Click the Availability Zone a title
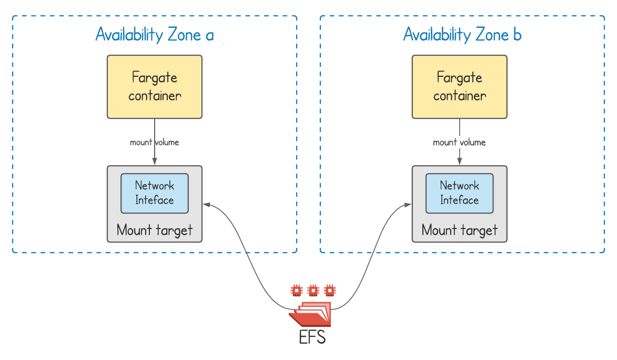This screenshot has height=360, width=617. [x=155, y=35]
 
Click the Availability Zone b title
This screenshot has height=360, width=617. [x=462, y=35]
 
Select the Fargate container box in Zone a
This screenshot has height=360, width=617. [x=155, y=87]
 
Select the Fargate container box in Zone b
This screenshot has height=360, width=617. [x=459, y=87]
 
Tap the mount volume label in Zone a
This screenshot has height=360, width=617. [x=155, y=142]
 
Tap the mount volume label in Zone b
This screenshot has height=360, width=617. [x=459, y=142]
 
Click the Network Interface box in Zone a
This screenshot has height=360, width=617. [x=155, y=193]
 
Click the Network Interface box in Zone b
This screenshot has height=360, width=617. [x=459, y=193]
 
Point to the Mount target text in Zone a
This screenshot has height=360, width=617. [x=155, y=230]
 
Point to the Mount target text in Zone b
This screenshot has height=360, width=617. [x=459, y=230]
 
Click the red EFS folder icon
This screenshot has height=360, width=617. [x=310, y=316]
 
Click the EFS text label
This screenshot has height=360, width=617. [x=312, y=337]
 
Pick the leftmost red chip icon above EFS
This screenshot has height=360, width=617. [x=297, y=289]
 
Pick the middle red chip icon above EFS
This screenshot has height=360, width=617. [x=313, y=289]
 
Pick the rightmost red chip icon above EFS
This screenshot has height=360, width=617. [x=329, y=289]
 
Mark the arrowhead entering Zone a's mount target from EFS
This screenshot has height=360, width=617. [x=206, y=204]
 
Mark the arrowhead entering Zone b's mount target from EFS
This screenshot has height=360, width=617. [x=408, y=204]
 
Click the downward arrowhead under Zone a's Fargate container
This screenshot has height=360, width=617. [x=155, y=162]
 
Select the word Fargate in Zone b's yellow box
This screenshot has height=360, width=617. [x=459, y=78]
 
